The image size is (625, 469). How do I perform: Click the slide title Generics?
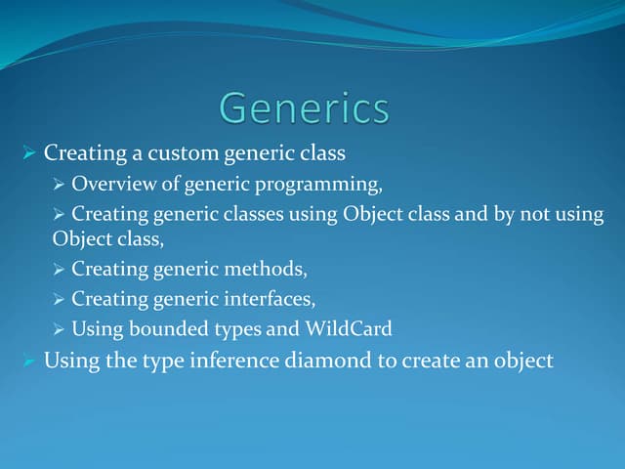tap(304, 107)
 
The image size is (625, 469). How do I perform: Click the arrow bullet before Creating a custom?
tap(28, 153)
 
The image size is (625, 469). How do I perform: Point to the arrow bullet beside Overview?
tap(59, 183)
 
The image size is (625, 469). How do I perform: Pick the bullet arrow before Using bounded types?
tap(59, 330)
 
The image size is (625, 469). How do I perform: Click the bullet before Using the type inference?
tap(28, 362)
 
